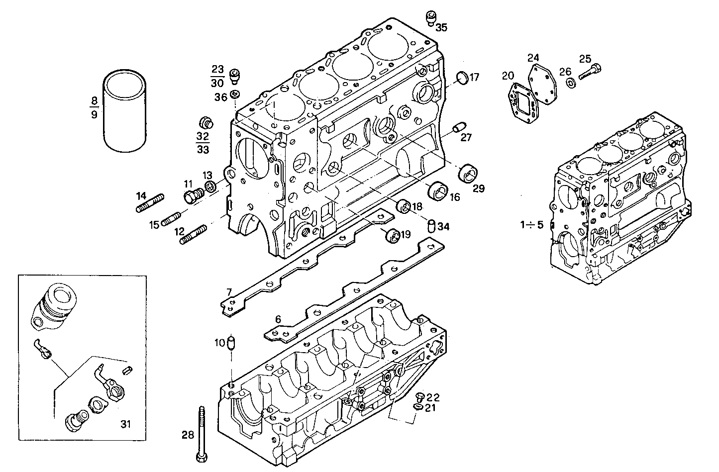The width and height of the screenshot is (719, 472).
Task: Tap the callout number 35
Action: point(441,28)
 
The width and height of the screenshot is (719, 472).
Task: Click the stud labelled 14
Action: point(150,203)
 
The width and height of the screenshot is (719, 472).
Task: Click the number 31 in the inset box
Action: point(125,424)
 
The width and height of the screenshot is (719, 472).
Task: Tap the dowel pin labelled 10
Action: point(231,343)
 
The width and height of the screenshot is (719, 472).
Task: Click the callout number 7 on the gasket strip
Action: point(229,291)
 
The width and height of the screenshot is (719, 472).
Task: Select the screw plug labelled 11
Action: point(191,196)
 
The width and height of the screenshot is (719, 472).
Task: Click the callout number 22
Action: point(433,397)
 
